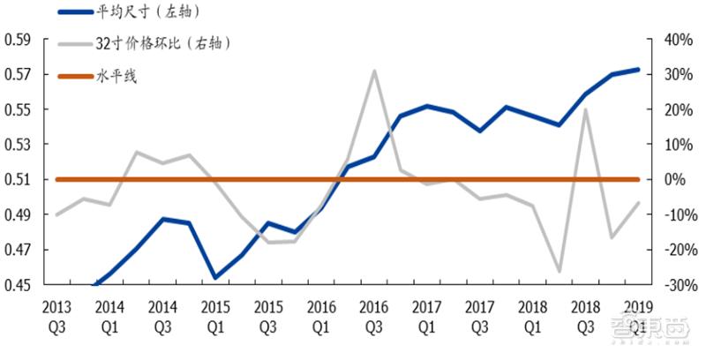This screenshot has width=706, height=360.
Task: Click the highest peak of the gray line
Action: tap(375, 71)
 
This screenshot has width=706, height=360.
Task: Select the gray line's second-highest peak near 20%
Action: tap(585, 109)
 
